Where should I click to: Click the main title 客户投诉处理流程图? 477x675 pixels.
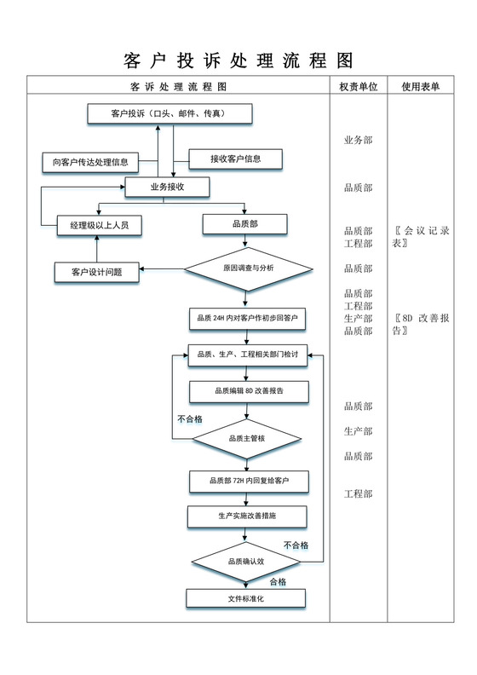click(x=238, y=61)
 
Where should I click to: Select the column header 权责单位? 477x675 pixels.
click(x=358, y=86)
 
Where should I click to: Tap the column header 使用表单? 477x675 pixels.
click(x=420, y=86)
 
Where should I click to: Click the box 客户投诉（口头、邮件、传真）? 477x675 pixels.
click(x=170, y=113)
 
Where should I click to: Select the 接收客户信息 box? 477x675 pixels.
click(x=236, y=159)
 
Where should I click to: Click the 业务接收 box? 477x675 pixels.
click(x=168, y=187)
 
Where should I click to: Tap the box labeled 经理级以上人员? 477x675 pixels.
click(x=99, y=225)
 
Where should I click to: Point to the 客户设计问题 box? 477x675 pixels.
click(x=98, y=272)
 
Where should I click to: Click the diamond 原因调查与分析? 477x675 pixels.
click(x=248, y=268)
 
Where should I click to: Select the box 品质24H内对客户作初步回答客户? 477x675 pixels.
click(x=246, y=318)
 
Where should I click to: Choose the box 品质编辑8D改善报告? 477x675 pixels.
click(x=249, y=391)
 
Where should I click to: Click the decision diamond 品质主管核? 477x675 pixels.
click(x=247, y=438)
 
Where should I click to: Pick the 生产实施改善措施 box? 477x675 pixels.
click(x=247, y=516)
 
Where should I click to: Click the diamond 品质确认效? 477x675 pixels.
click(x=246, y=561)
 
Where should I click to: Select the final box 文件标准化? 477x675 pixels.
click(x=245, y=598)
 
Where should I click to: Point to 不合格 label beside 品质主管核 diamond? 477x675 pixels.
click(x=189, y=419)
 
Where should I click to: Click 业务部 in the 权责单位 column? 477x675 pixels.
click(x=358, y=140)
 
